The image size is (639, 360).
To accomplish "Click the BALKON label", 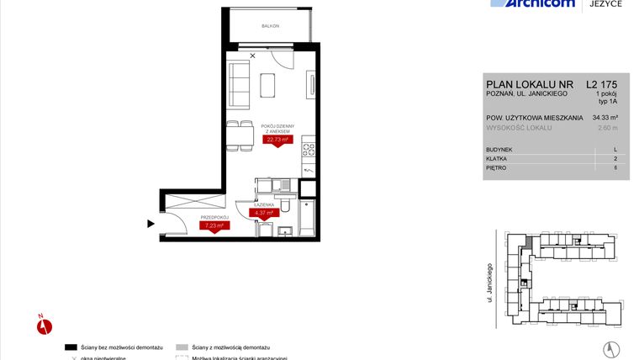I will [x=271, y=26].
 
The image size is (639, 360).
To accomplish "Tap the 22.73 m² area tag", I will [x=278, y=140].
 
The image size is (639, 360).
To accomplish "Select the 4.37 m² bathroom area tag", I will [x=266, y=213].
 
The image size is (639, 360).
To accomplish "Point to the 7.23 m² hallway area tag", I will [x=210, y=225].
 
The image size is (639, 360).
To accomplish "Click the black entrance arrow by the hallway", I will [x=151, y=223].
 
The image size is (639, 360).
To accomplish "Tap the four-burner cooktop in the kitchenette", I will [x=309, y=151].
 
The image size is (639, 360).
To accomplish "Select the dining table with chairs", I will [x=240, y=135].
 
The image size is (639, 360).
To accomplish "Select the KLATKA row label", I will [x=498, y=158].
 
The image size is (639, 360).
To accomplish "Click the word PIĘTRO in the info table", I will [x=498, y=167].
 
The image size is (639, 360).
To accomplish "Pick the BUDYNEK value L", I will [x=615, y=149].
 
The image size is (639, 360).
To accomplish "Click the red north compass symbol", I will [x=45, y=325].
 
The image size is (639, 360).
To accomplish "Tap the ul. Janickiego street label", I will [x=489, y=282].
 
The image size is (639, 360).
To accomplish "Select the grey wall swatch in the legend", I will [x=182, y=347].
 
